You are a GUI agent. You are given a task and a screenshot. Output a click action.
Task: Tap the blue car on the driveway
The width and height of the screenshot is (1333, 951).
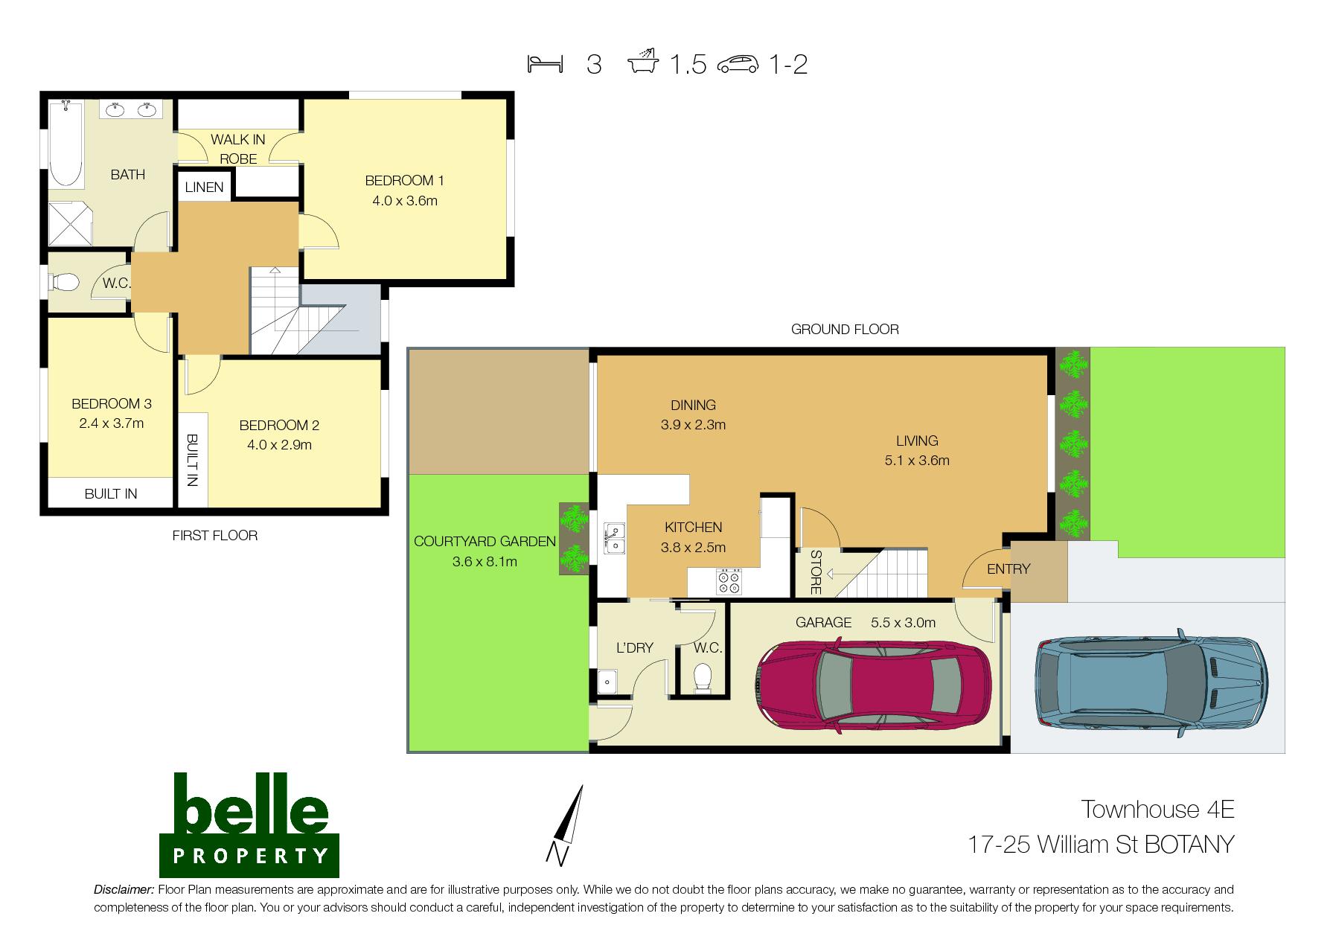coord(1151,682)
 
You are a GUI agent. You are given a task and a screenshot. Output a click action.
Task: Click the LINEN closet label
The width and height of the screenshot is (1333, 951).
coord(204,187)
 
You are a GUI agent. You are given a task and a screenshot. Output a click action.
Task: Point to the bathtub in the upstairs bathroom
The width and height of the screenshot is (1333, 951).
coord(66,144)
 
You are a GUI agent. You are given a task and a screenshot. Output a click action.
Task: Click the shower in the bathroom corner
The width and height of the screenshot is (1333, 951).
coord(71,222)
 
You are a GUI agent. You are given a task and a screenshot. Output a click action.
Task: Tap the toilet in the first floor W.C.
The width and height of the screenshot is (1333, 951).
coord(64,284)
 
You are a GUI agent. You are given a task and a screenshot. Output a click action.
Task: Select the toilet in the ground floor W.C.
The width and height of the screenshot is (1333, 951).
coord(701,677)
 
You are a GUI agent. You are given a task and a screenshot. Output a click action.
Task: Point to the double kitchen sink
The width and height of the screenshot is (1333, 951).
coord(615,537)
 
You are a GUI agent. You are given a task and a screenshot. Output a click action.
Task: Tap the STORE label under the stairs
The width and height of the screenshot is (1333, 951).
coord(815,572)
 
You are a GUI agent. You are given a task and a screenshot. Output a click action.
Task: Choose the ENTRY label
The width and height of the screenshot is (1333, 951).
coord(1008,569)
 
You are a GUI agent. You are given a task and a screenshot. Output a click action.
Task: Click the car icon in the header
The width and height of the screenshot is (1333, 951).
coord(738,65)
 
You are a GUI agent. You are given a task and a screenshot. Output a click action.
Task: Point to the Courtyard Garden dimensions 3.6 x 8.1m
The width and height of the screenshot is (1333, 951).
coord(485,562)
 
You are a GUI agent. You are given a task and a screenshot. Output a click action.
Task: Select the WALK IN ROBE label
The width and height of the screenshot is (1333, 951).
coord(238,149)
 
